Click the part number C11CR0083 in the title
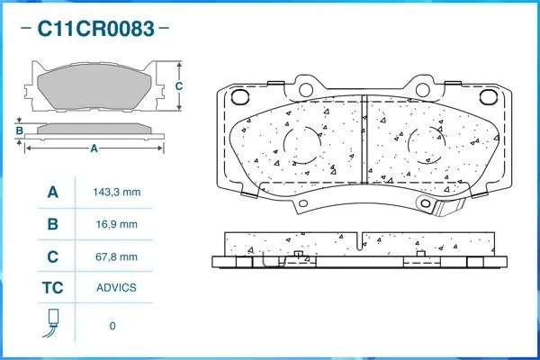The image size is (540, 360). (x=94, y=28)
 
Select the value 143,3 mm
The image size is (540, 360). (x=117, y=193)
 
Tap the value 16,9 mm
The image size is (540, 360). (x=117, y=225)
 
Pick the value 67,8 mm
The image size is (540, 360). (x=117, y=256)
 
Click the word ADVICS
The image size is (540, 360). (x=116, y=288)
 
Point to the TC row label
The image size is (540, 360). (x=53, y=288)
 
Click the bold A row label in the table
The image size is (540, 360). (x=53, y=193)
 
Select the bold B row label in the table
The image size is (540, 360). (x=53, y=225)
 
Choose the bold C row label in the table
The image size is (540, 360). (x=53, y=256)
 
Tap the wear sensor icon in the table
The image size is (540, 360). (x=53, y=325)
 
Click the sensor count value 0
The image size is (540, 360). (x=112, y=326)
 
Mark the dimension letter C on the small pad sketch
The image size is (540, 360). (x=179, y=86)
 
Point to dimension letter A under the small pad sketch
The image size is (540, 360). (x=94, y=149)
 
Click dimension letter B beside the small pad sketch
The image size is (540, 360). (x=19, y=130)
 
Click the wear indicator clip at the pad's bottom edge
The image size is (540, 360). (x=447, y=208)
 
